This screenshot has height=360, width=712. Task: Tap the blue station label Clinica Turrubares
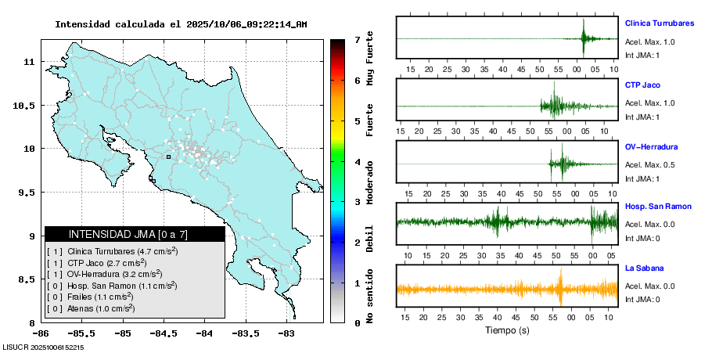tap(660, 23)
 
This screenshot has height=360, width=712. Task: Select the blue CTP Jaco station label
tap(643, 85)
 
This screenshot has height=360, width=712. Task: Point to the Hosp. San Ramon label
tap(658, 207)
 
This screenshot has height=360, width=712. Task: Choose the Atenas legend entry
tap(90, 308)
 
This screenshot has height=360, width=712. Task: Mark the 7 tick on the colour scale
tap(357, 39)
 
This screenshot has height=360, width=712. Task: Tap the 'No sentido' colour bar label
tap(369, 297)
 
